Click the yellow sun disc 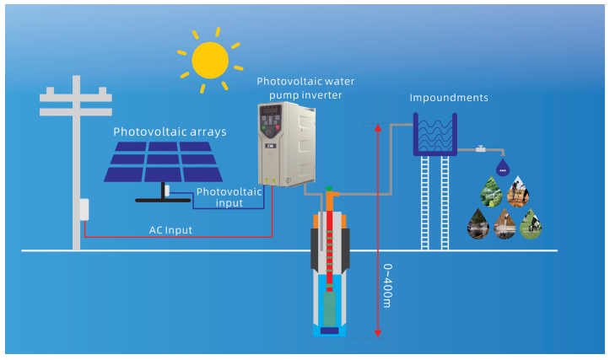click(x=210, y=60)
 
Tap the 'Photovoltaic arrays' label click(x=170, y=132)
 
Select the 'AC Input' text click(x=170, y=230)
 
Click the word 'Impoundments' click(x=449, y=98)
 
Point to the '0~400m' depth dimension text click(x=388, y=286)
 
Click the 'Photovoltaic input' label click(x=229, y=197)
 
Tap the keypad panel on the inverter click(x=270, y=121)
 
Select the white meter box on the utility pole click(x=84, y=210)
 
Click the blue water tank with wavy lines click(x=435, y=135)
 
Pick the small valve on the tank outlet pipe click(x=481, y=148)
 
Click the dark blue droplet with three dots click(x=503, y=168)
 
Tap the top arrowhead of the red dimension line click(x=377, y=127)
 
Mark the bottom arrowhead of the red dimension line click(x=377, y=333)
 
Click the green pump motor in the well click(x=330, y=309)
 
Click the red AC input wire click(x=178, y=237)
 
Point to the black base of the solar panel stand click(x=163, y=201)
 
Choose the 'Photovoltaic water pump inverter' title click(x=305, y=89)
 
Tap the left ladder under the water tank click(x=425, y=202)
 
